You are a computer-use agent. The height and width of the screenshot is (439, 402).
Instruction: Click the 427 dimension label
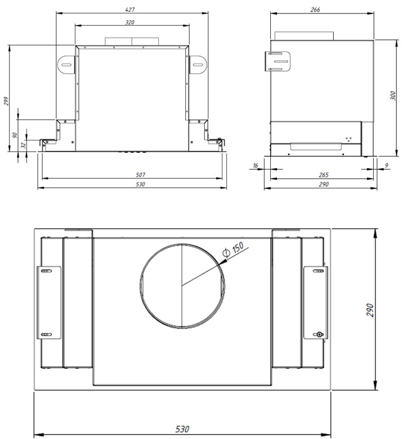pos(129,10)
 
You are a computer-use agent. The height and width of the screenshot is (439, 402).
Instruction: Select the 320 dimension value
pos(129,22)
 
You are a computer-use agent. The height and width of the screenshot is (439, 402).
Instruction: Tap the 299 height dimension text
pos(6,101)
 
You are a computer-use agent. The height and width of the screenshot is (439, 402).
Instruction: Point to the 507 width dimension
pos(140,175)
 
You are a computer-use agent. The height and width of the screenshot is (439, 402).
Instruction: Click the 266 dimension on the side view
pos(315,10)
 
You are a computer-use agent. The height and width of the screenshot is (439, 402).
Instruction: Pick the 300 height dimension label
pos(393,96)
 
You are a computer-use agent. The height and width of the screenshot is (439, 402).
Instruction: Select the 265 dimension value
pos(323,175)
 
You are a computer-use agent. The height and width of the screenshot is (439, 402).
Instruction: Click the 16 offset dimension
pos(255,165)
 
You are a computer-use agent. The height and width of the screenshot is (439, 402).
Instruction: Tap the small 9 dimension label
pos(386,165)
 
